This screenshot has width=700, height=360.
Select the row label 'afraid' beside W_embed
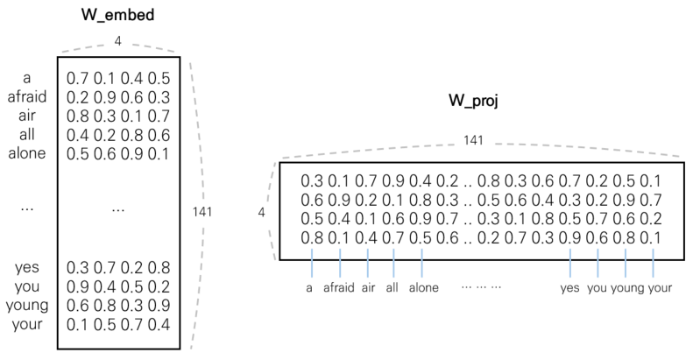coord(25,96)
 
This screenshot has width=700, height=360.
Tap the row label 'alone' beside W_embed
coord(25,154)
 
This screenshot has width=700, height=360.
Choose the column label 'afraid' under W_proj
coord(338,286)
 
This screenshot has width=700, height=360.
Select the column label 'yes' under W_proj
coord(570,286)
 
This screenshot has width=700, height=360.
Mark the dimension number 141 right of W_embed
coord(202,211)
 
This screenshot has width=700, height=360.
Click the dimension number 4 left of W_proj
coord(262,211)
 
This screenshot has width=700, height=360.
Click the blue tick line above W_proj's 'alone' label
coord(422,261)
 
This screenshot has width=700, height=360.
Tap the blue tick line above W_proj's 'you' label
coord(598,261)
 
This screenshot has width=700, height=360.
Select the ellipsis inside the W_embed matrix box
coord(118,211)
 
